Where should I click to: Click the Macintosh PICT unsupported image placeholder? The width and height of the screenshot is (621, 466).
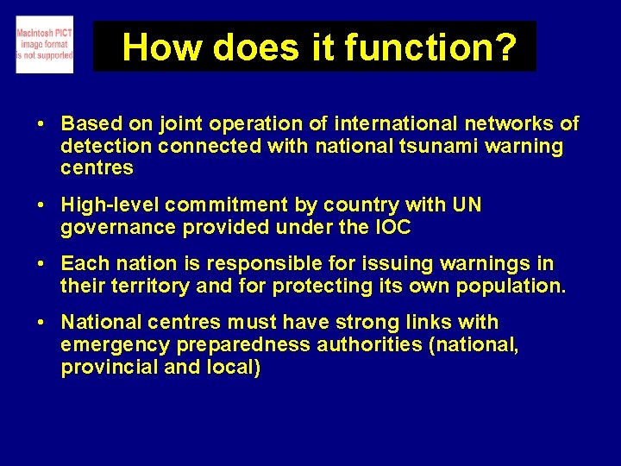tap(45, 45)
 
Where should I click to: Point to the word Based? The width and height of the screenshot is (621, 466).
tap(89, 123)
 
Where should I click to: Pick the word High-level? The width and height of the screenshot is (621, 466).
tap(110, 205)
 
